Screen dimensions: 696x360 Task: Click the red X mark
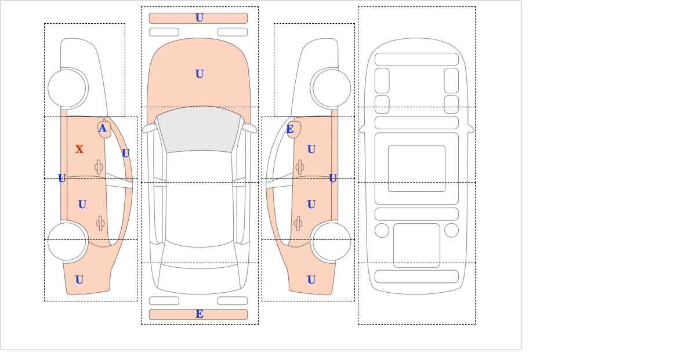click(79, 150)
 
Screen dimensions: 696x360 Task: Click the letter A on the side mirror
click(103, 128)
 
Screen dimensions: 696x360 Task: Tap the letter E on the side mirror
click(290, 129)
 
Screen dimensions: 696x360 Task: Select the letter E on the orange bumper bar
click(200, 314)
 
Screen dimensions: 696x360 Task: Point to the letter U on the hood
click(200, 74)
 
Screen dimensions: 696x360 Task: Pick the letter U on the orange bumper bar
click(200, 18)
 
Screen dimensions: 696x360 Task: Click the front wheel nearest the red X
click(67, 89)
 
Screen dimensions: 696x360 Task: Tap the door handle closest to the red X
click(99, 167)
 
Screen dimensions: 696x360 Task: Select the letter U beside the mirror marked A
click(125, 153)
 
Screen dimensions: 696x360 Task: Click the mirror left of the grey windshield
click(149, 128)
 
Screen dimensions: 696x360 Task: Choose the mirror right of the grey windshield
click(249, 128)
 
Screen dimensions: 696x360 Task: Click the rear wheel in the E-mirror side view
click(332, 241)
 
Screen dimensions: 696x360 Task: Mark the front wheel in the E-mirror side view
click(332, 89)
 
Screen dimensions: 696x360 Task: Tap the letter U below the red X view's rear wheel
click(79, 280)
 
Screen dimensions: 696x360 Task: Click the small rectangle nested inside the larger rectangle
click(416, 168)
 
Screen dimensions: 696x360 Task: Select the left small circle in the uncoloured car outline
click(382, 231)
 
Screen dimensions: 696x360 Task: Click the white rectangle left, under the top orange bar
click(164, 32)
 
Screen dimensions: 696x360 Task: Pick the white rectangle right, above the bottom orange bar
click(233, 301)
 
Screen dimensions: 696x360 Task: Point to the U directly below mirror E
click(311, 150)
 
